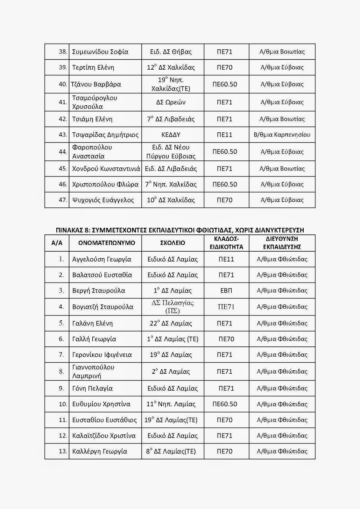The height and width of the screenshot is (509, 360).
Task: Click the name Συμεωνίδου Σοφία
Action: pyautogui.click(x=100, y=52)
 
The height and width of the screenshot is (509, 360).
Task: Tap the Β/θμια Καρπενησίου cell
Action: pyautogui.click(x=282, y=135)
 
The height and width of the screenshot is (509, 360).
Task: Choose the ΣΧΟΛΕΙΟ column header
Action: pyautogui.click(x=173, y=243)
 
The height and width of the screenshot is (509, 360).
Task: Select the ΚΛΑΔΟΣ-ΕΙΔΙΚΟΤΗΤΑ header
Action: pyautogui.click(x=226, y=243)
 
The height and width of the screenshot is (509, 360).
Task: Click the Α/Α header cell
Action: pyautogui.click(x=57, y=243)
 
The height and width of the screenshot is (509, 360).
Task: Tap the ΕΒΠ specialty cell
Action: pyautogui.click(x=226, y=290)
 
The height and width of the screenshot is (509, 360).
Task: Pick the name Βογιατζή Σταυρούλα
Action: pyautogui.click(x=102, y=307)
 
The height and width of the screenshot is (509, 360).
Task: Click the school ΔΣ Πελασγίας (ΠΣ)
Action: pyautogui.click(x=173, y=307)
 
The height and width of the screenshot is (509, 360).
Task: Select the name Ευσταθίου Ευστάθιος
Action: pyautogui.click(x=104, y=420)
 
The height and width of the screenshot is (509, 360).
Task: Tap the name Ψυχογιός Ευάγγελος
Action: pyautogui.click(x=103, y=200)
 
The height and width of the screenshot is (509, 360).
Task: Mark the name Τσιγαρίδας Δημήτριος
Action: pyautogui.click(x=105, y=135)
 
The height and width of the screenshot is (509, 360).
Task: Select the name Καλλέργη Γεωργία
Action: pyautogui.click(x=100, y=451)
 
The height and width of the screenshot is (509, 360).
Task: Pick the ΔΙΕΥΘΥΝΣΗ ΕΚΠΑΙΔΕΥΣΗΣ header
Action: pyautogui.click(x=282, y=243)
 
